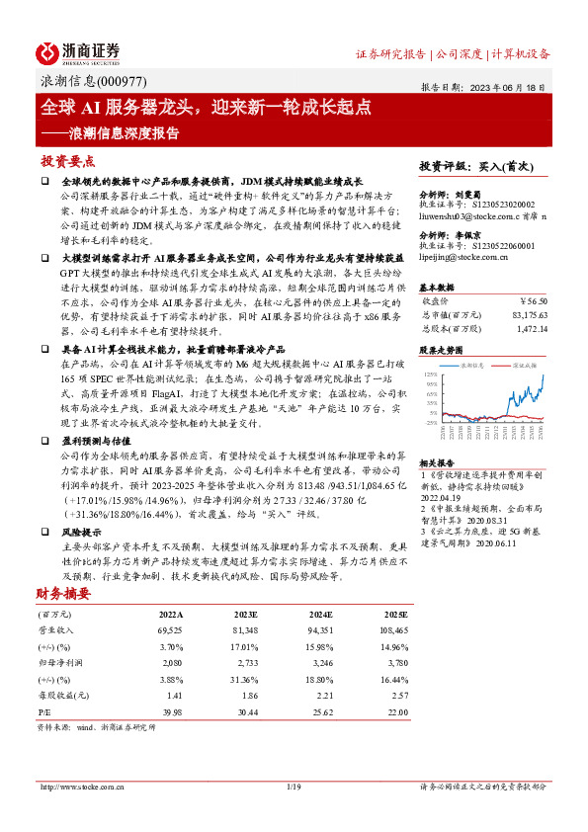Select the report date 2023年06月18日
[510, 87]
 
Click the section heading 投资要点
[68, 160]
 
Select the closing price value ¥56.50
[534, 299]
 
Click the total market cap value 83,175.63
[529, 313]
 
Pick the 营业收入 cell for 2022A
[169, 629]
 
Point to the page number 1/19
[293, 787]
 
